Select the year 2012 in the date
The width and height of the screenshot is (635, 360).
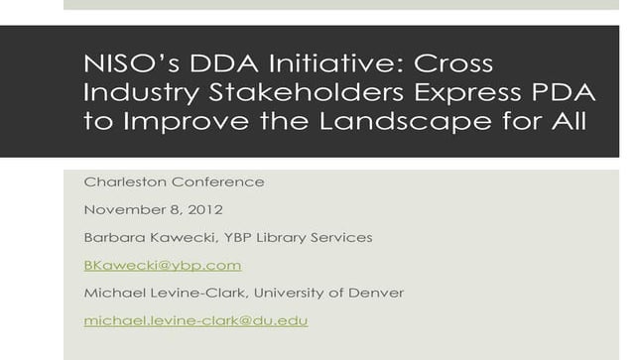pyautogui.click(x=204, y=209)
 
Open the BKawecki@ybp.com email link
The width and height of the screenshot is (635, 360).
pyautogui.click(x=163, y=265)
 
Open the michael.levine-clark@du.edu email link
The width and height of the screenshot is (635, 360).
pyautogui.click(x=195, y=320)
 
